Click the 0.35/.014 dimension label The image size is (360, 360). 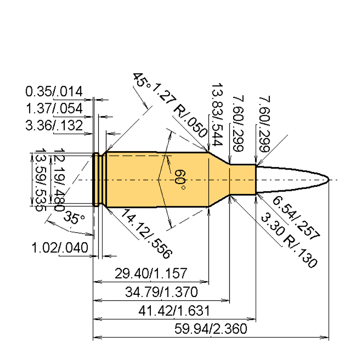coord(54,92)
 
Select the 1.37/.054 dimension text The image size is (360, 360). coord(54,109)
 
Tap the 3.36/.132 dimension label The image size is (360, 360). coord(54,126)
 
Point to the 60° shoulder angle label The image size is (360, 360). coord(180,179)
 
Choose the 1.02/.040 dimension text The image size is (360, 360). coord(60,248)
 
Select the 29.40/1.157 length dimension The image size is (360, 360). coord(151,274)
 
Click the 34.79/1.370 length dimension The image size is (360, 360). coord(161,292)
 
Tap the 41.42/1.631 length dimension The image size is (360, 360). coord(174,311)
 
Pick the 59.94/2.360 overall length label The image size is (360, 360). coord(210,329)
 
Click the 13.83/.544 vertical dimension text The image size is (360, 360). coord(217,115)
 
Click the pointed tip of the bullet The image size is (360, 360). coord(328,180)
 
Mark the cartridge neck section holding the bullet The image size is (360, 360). coord(243,180)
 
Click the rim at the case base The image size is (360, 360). coord(95,180)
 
